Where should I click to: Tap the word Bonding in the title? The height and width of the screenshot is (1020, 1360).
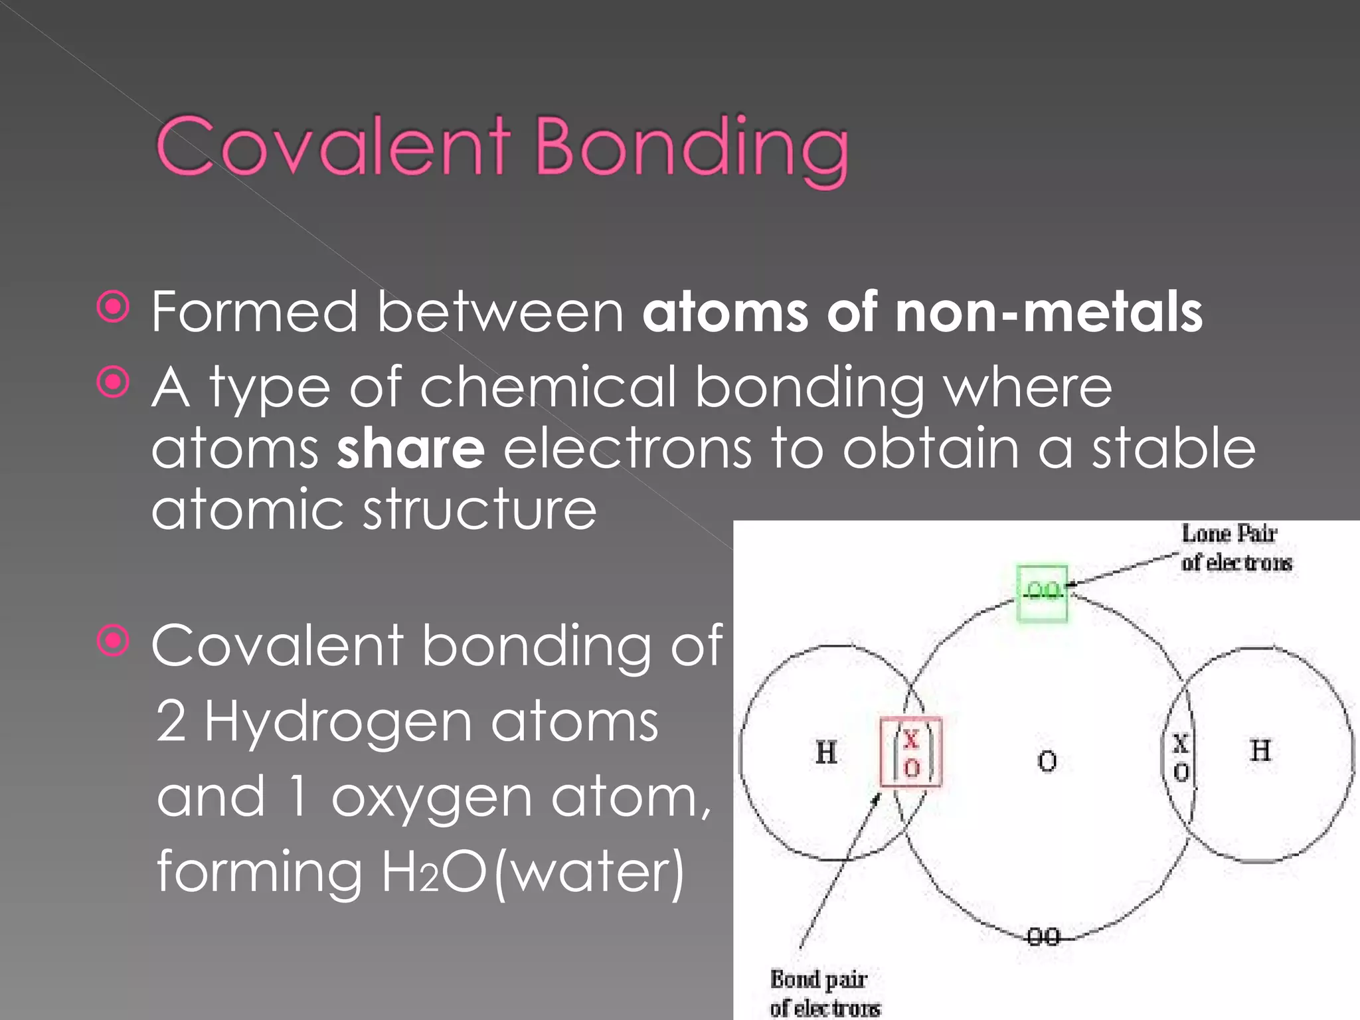691,149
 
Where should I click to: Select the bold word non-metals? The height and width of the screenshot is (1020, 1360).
1049,311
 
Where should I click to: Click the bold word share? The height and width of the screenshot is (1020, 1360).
410,449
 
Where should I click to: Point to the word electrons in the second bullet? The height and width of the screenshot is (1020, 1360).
628,449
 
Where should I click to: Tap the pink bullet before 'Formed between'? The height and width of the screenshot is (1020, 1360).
114,307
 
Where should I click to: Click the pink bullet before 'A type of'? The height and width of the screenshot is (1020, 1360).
114,382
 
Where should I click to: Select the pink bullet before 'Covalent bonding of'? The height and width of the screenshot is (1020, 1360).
114,641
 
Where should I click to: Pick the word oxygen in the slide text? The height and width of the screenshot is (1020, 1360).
432,797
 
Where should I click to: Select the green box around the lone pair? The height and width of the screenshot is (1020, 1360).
1043,593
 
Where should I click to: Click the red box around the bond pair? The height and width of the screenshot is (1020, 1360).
910,752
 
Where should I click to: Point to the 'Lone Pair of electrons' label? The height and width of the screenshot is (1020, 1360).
1235,548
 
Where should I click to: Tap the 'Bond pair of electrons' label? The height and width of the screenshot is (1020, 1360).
823,993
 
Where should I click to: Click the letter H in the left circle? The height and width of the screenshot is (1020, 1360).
826,753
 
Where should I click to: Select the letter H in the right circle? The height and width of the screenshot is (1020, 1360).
1260,751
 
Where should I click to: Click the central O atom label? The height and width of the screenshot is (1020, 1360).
1047,761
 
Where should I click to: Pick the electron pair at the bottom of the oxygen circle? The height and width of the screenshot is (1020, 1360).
1043,937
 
